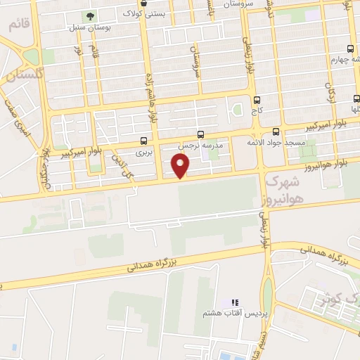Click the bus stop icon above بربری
pos(144,141)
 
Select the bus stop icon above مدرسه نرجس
pos(201,134)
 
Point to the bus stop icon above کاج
pos(256,100)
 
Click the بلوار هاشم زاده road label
pos(150,98)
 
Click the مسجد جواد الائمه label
pos(275,142)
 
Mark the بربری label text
pos(143,151)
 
